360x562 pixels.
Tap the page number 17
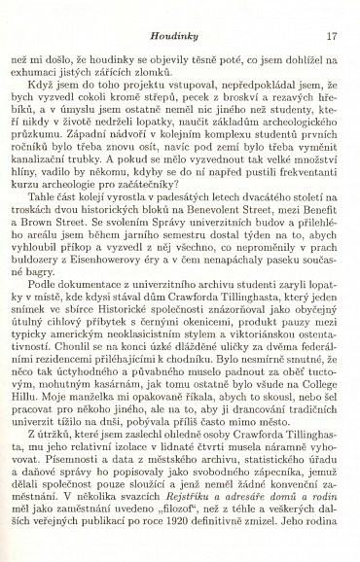click(x=332, y=11)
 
